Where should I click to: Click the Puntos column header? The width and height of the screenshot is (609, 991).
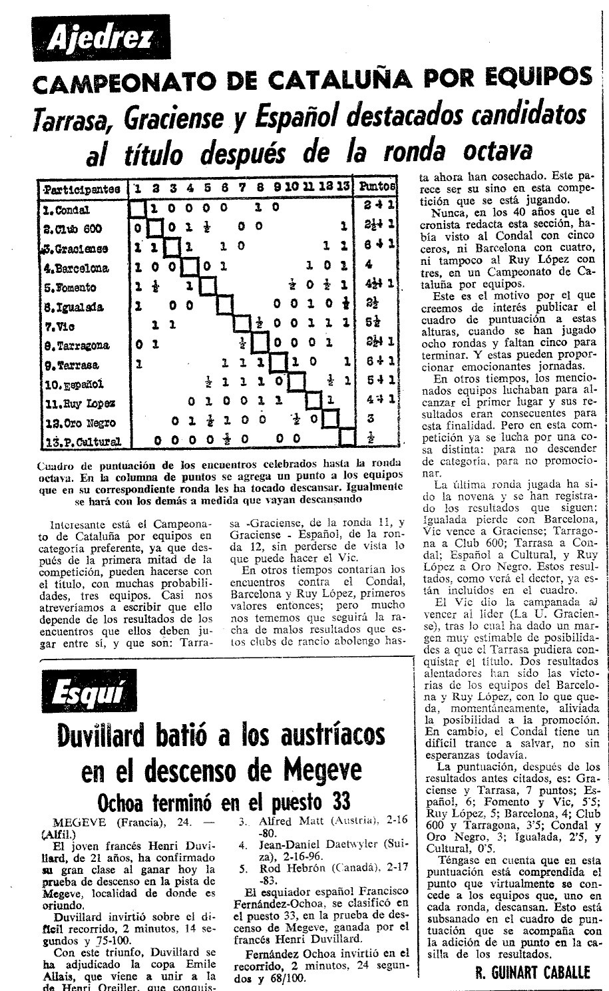[x=377, y=188]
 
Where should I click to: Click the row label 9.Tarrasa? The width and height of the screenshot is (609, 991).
[x=70, y=365]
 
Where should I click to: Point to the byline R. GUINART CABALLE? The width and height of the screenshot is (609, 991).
[x=532, y=973]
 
